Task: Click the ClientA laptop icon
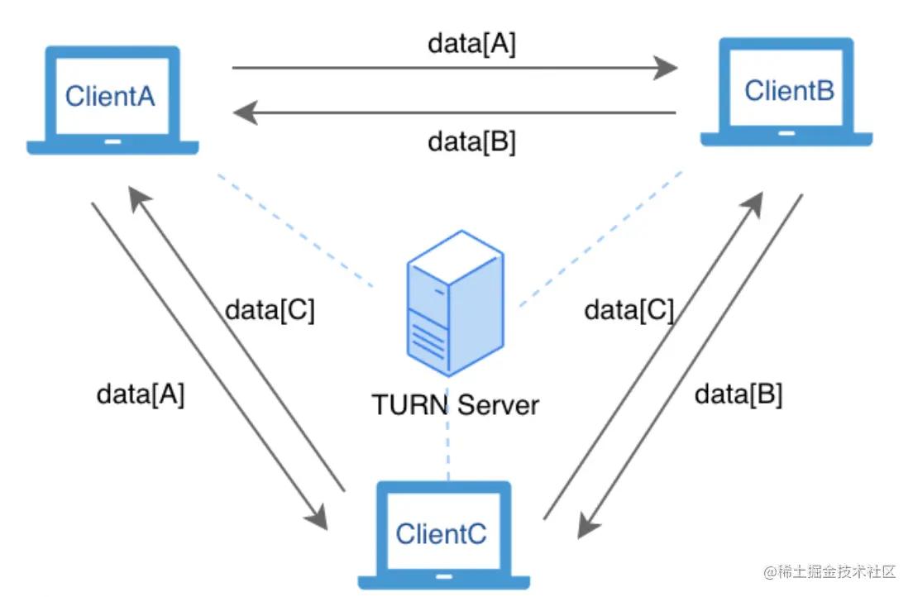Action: click(x=112, y=99)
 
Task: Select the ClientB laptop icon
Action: click(x=786, y=92)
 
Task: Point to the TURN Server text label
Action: click(x=455, y=405)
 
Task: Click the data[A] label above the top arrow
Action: click(x=471, y=44)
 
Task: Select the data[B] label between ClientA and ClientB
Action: click(x=471, y=141)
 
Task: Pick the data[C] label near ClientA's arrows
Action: click(x=270, y=310)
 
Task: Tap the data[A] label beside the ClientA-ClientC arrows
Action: click(x=141, y=394)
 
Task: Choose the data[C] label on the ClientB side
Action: click(x=629, y=310)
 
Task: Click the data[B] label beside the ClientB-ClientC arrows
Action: click(x=739, y=394)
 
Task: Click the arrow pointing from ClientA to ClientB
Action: click(x=455, y=69)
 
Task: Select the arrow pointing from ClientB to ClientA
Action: click(x=455, y=112)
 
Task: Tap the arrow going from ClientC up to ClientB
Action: click(x=653, y=356)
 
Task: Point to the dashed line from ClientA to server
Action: click(x=298, y=231)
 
